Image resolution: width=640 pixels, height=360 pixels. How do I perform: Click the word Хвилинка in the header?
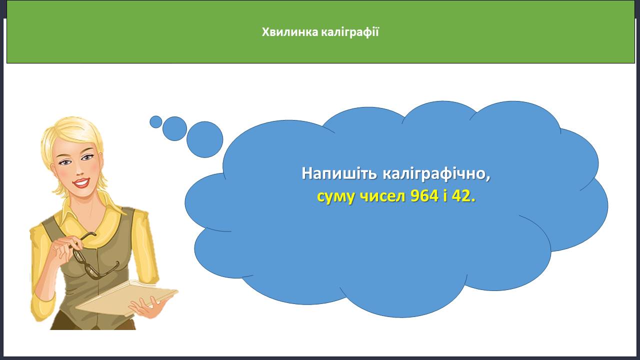coord(289,32)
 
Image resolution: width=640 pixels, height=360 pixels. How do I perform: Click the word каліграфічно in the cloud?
coord(436,173)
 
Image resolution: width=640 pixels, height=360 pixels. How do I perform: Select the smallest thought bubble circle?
coord(155,122)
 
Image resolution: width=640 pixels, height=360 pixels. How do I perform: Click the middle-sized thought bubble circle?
coord(174,128)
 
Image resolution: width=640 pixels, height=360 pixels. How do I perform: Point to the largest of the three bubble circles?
coord(204,139)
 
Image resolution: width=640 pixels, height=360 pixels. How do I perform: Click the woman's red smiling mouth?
coord(81,183)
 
